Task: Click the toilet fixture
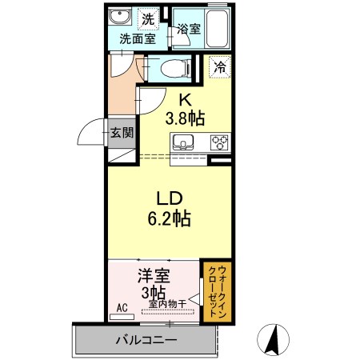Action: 176,68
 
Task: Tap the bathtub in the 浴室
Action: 218,29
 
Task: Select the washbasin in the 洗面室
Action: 120,17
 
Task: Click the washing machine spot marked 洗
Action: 148,19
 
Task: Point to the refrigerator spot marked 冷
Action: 220,66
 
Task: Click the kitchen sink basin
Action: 183,142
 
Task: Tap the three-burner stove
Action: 220,142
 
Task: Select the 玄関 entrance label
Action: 122,132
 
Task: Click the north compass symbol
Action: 274,340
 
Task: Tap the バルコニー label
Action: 146,340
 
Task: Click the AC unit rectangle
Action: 122,317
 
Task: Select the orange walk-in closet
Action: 215,292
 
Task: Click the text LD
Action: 170,199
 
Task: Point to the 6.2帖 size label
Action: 169,218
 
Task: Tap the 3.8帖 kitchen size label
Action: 185,118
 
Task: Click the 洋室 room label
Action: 154,276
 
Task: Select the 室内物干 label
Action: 167,304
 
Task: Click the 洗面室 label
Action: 138,39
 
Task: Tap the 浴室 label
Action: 189,29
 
